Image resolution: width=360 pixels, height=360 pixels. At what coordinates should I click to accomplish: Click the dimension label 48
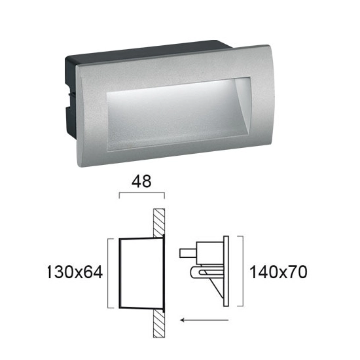coord(141,181)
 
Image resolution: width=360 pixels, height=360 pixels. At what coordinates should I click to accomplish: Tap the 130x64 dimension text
coord(75,272)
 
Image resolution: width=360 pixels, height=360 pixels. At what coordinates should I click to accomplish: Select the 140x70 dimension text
coord(278,272)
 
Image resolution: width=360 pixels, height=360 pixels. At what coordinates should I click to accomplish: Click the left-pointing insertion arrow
coord(204,320)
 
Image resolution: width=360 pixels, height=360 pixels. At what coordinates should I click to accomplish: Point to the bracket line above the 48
coord(141,193)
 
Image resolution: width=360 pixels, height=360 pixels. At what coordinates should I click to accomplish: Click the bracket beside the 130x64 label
coord(108,273)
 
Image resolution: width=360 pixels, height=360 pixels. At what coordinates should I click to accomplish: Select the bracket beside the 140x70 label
coord(243,271)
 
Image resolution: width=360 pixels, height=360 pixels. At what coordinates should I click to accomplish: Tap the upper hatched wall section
coord(159,223)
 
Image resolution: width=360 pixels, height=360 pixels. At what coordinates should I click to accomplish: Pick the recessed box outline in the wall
coord(120,273)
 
